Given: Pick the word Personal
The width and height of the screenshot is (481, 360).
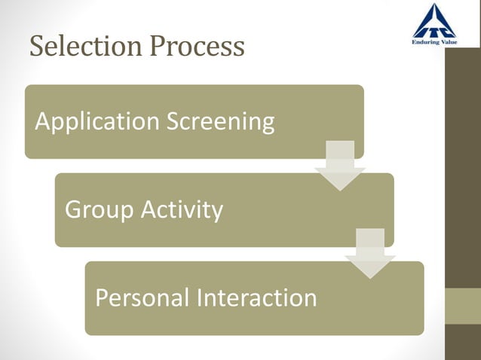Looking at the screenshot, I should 142,297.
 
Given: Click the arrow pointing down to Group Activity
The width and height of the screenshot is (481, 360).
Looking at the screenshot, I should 339,166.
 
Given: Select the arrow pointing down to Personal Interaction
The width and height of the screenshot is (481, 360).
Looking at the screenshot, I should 369,254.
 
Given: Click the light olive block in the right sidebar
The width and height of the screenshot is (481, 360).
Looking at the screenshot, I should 463,306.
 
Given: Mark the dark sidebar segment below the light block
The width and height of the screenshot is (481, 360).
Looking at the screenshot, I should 463,342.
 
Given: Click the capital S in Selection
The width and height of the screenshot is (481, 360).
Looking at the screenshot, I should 37,47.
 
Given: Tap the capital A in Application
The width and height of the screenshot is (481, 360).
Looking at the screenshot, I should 42,121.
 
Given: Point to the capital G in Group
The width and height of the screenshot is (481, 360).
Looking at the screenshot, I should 74,209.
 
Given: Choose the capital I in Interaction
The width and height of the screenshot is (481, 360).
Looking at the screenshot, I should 201,297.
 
